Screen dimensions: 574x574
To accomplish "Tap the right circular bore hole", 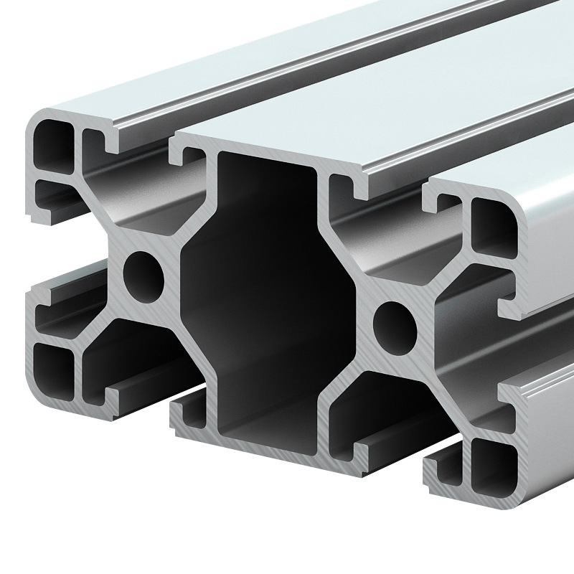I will point(395,327).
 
